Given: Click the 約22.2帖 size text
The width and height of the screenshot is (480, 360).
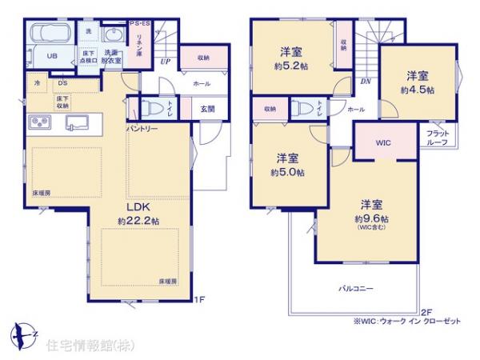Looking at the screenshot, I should coord(138,220).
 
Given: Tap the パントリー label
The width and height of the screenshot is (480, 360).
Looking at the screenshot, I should coord(142,128).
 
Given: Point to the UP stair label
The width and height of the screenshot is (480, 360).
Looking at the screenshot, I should coord(165,61).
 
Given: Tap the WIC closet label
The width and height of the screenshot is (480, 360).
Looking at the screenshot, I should coord(383,143).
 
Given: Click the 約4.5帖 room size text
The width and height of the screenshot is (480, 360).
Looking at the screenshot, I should coord(418,90).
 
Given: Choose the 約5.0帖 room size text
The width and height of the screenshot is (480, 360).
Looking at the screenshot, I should coord(288,171).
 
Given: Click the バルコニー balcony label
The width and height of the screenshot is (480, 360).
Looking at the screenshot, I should coord(355,286).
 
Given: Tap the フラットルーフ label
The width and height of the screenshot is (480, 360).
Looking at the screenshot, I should coord(438,138).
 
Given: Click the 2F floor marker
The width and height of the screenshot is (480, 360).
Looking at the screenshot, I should coord(426,312).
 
